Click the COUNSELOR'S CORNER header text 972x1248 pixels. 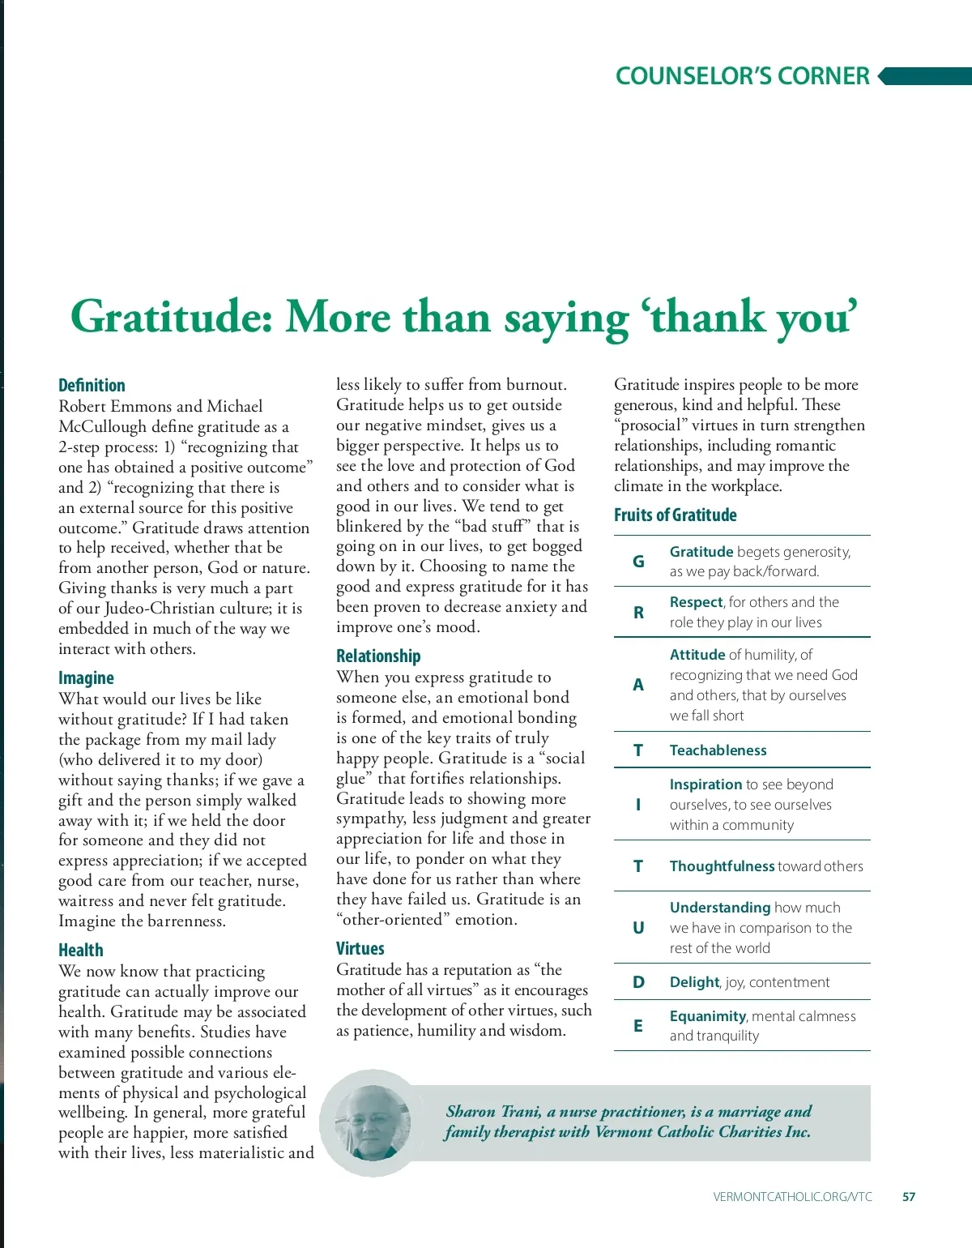(x=742, y=76)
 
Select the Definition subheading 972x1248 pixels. (x=92, y=385)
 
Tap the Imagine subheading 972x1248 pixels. (x=86, y=677)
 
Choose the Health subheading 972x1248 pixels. (x=81, y=950)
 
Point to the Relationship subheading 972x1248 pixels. (x=378, y=656)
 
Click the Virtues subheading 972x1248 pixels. (x=360, y=948)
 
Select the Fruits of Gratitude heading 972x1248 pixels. (x=675, y=515)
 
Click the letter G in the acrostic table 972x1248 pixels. (x=638, y=561)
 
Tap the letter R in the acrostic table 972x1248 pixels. (x=638, y=612)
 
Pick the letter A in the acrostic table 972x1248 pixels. (x=638, y=685)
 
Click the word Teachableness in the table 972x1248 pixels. (x=718, y=750)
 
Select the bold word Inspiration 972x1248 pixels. (x=706, y=784)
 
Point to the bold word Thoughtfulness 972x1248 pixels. (x=722, y=866)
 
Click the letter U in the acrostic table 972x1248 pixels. (x=638, y=928)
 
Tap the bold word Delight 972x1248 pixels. (x=694, y=982)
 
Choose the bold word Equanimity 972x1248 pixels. (x=707, y=1016)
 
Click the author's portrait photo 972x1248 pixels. (x=373, y=1122)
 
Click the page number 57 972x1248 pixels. (x=909, y=1197)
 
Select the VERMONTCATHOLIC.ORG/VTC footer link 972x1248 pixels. (x=792, y=1197)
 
